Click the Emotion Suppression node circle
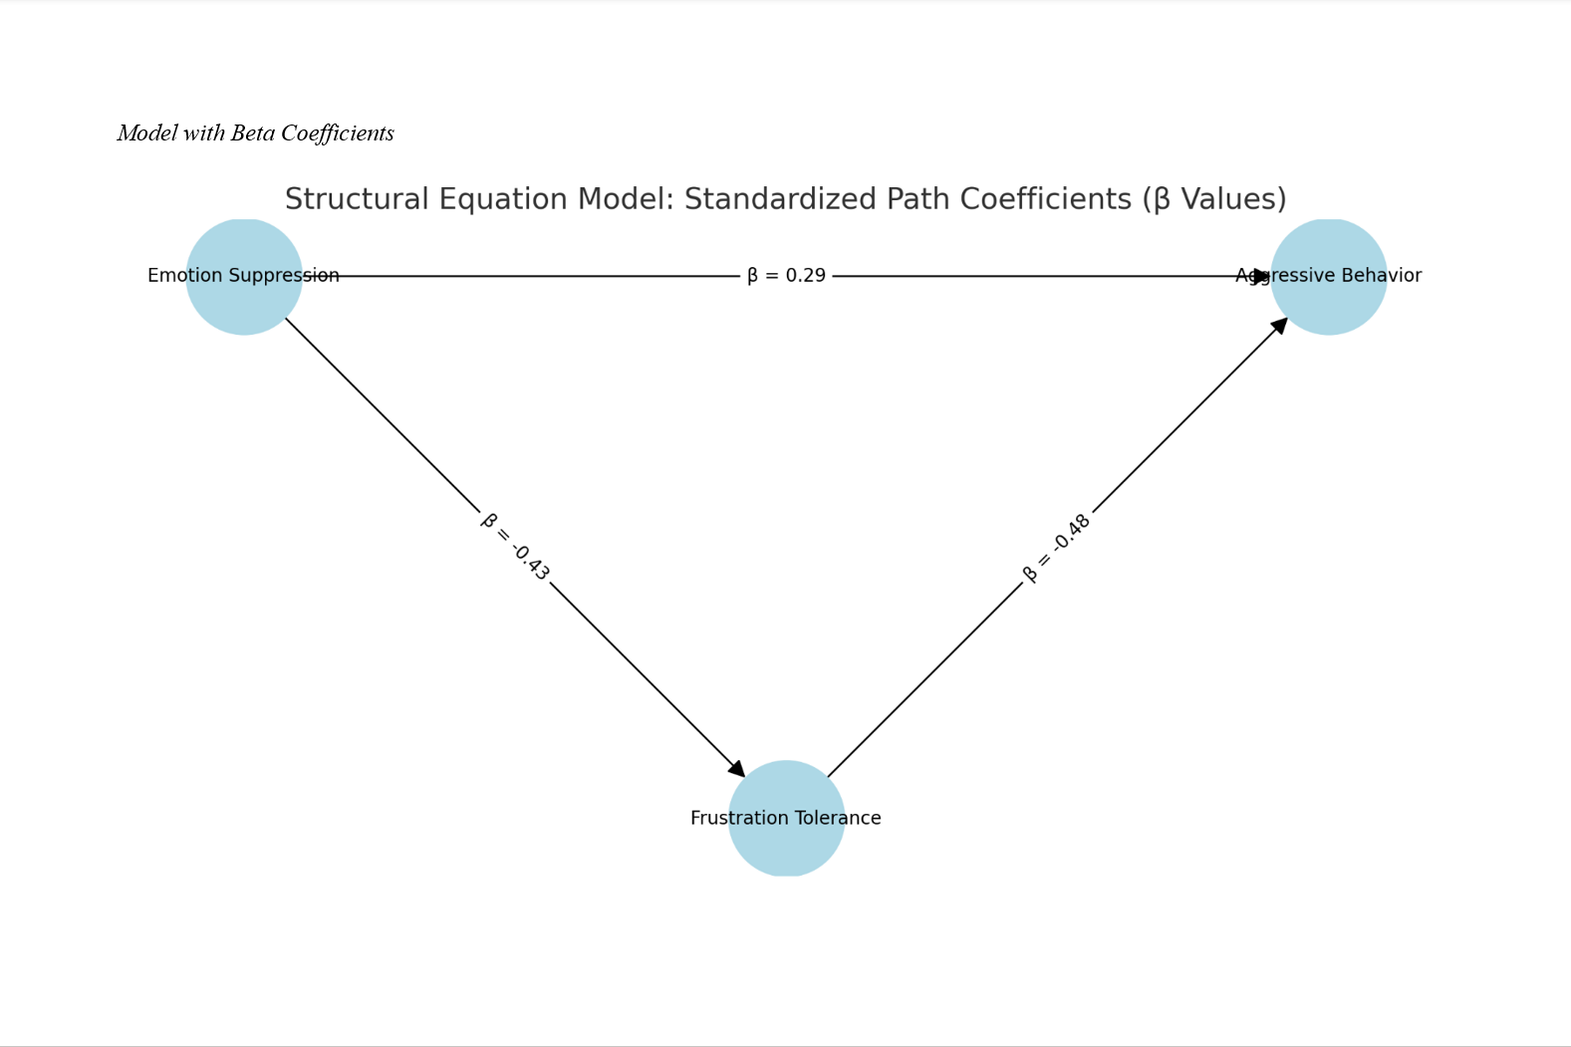click(244, 299)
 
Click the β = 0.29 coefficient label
click(786, 276)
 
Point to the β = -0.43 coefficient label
click(515, 547)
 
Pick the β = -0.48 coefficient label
click(1057, 547)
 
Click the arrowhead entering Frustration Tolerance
click(738, 769)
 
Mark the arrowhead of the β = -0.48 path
click(1279, 325)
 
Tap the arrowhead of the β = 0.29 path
click(1262, 276)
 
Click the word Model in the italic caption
click(147, 133)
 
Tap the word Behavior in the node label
click(1382, 276)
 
